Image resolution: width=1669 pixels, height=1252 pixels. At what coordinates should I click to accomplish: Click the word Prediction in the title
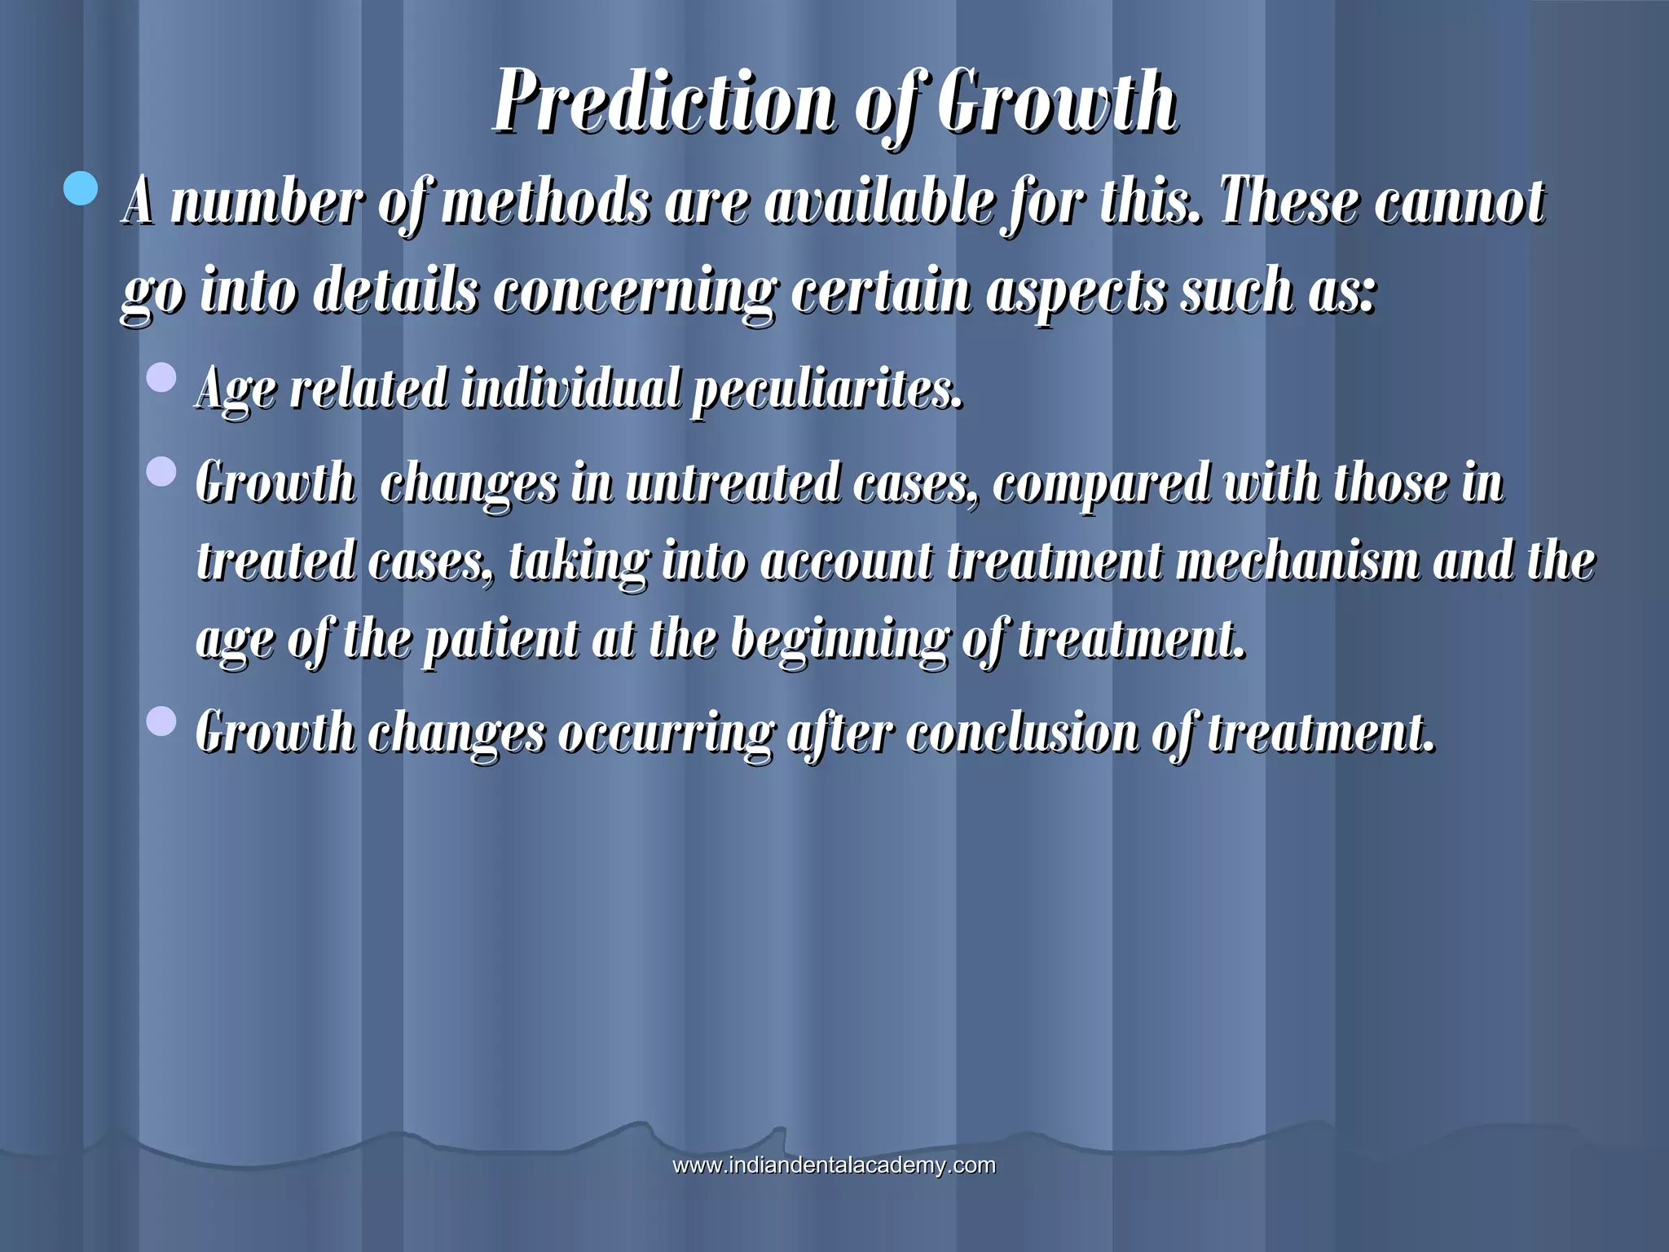coord(664,102)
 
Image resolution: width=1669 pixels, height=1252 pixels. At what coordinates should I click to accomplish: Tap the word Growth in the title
coord(1056,102)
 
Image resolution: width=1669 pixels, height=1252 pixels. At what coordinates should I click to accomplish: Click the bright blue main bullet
coord(81,190)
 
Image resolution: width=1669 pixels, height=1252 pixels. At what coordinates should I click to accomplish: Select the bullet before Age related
coord(161,378)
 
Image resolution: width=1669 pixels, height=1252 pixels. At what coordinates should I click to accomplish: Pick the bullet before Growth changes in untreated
coord(161,472)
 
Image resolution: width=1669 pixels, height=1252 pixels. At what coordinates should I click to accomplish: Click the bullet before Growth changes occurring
coord(161,722)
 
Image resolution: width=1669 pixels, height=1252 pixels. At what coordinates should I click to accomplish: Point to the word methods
coord(546,201)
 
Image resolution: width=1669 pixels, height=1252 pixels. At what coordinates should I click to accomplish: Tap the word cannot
coord(1459,201)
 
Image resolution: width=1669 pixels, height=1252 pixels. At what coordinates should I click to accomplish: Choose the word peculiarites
coord(827,390)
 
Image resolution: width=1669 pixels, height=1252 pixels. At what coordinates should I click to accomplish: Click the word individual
coord(570,388)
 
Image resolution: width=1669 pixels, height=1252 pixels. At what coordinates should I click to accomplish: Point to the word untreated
coord(733,483)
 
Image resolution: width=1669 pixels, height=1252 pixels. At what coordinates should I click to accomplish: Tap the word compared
coord(1101,483)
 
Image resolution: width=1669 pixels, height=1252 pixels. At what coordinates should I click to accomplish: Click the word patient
coord(501,640)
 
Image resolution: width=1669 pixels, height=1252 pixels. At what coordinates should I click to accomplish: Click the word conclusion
coord(1022,733)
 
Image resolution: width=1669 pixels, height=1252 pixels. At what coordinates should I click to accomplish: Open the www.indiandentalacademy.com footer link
coord(834,1166)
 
